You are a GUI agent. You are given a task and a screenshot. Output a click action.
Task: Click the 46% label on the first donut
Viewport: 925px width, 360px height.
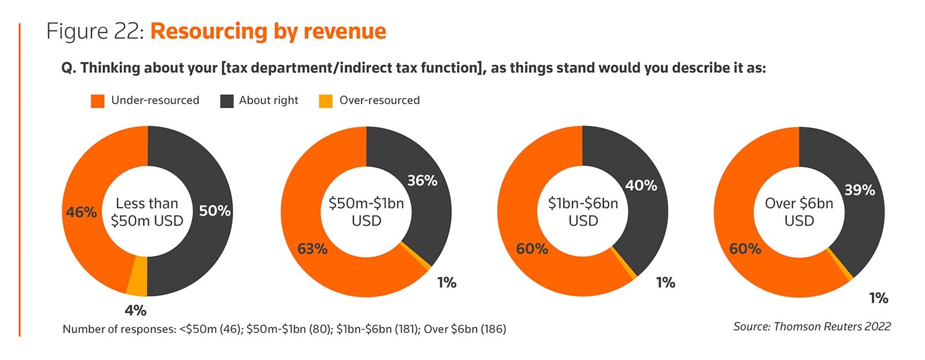coord(81,212)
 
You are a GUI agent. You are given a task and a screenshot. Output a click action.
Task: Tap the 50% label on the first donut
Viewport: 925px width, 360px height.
coord(214,211)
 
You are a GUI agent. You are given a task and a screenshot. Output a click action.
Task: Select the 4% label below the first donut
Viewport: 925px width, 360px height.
coord(135,310)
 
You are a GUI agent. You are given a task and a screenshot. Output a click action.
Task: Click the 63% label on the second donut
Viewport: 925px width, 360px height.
coord(312,249)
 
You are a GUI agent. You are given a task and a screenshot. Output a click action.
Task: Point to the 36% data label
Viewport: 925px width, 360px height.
coord(422,181)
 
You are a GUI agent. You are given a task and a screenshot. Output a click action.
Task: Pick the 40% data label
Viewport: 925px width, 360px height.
coord(641,185)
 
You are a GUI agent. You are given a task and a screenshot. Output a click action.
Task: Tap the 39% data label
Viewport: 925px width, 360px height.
coord(859,190)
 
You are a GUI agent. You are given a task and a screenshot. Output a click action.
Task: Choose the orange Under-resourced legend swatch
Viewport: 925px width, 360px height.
coord(98,101)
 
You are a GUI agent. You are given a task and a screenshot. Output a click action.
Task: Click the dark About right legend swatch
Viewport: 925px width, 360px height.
coord(227,101)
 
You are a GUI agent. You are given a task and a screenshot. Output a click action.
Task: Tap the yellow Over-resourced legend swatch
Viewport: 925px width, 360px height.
coord(326,101)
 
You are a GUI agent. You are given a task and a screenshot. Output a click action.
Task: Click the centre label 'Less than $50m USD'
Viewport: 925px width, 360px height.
coord(147,212)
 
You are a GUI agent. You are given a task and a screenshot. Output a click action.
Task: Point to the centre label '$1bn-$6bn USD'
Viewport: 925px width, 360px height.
coord(583,212)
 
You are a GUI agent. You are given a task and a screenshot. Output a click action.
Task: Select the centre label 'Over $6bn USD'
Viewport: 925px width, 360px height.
coord(799,212)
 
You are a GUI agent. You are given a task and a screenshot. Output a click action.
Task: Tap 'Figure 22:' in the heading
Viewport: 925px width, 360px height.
coord(95,31)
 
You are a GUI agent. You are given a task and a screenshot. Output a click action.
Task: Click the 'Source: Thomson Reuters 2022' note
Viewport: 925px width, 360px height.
coord(812,326)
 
